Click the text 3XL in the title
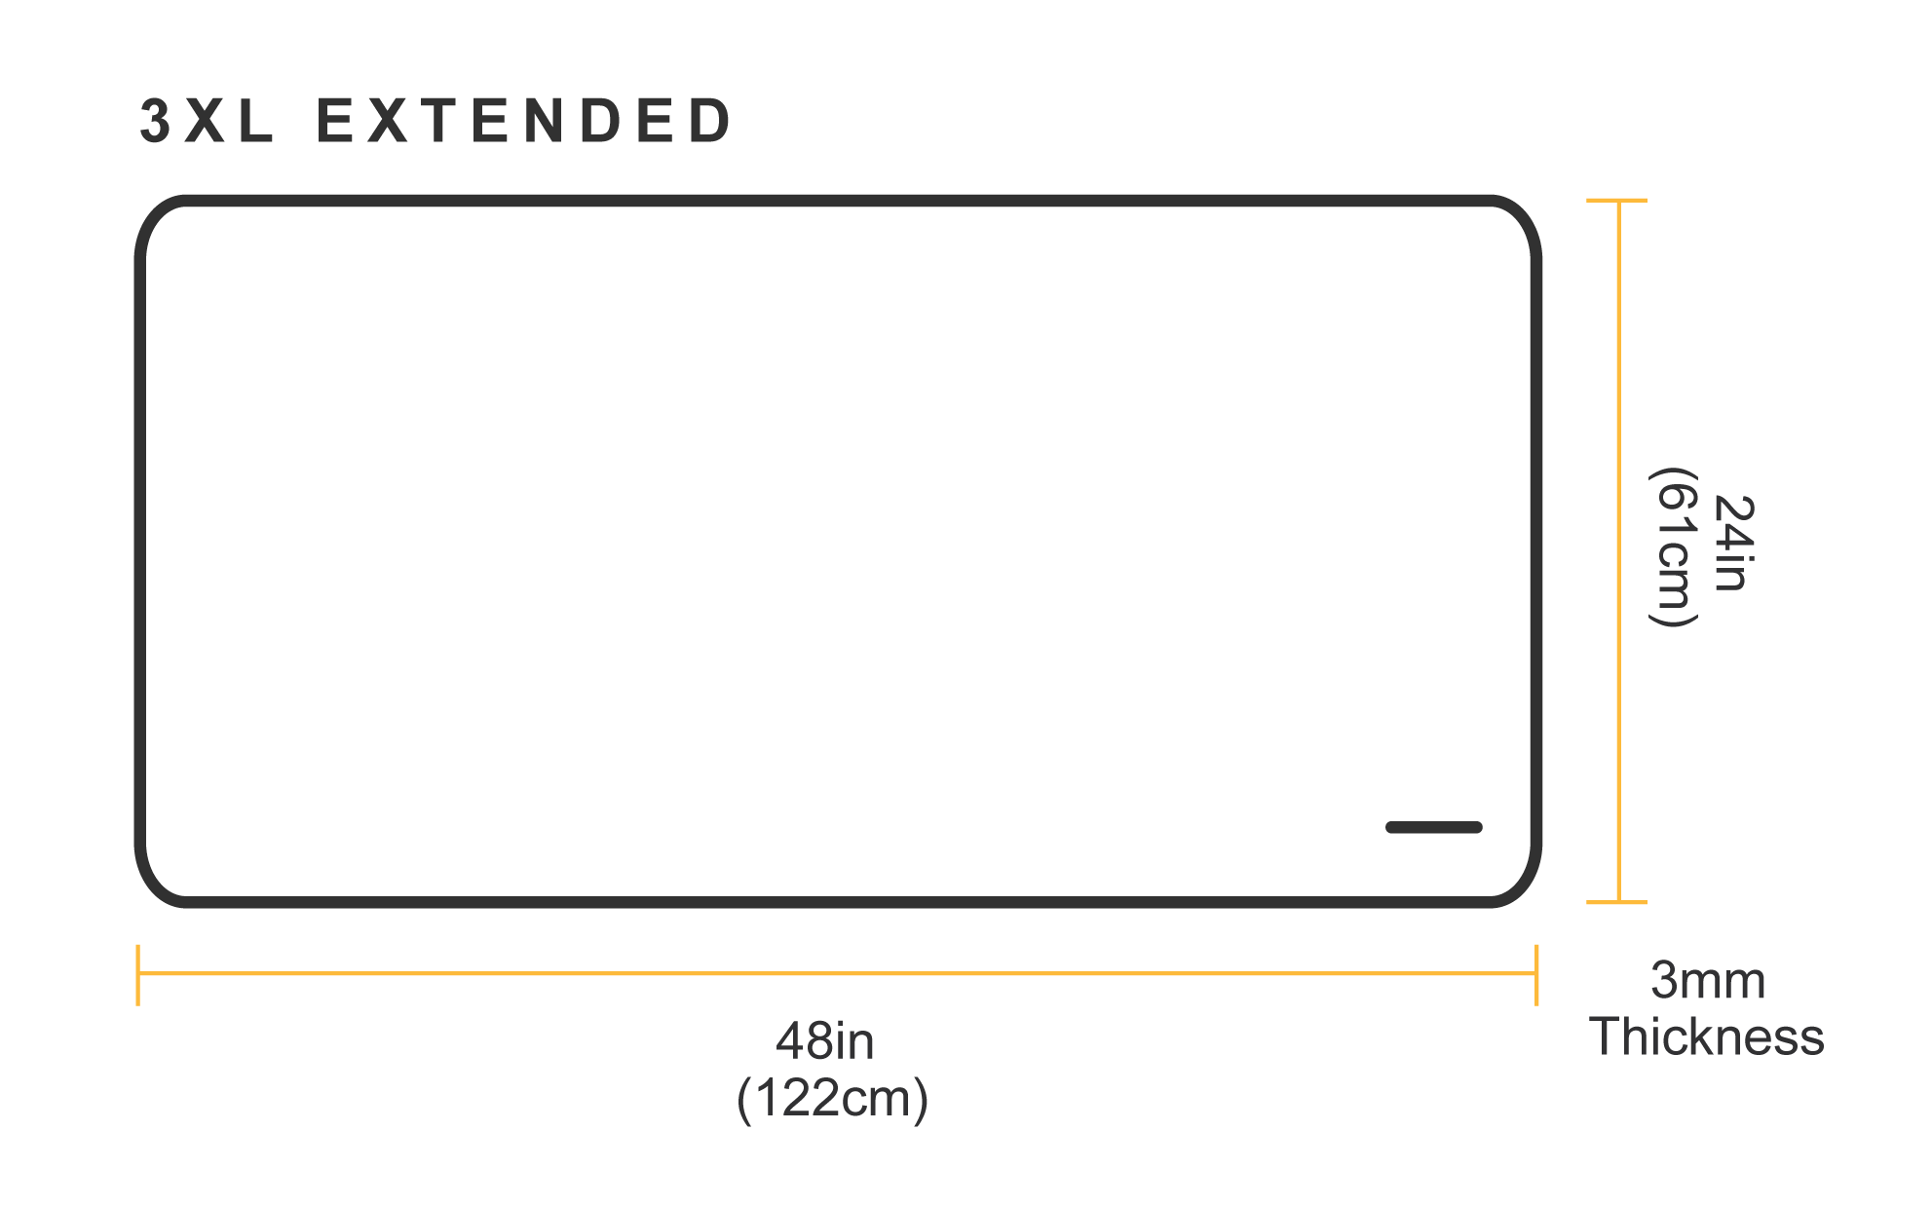208,122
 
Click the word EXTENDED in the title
524,122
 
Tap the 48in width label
825,1041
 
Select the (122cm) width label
832,1098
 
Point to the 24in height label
1732,543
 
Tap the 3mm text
1707,980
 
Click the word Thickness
1707,1036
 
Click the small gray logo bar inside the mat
1433,827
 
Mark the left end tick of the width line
138,973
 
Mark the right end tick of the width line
1536,973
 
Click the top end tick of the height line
1617,201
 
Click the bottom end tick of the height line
1617,902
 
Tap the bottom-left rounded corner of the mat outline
156,886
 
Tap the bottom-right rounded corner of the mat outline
1520,886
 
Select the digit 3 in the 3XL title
156,122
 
